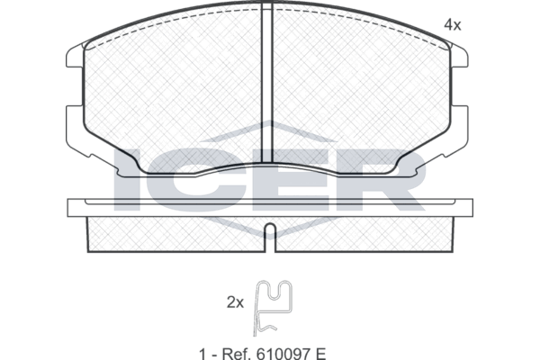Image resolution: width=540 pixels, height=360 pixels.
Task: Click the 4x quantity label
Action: tap(452, 25)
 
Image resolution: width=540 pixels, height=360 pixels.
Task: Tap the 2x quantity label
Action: tap(235, 302)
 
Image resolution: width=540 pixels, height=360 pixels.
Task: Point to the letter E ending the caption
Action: tap(319, 354)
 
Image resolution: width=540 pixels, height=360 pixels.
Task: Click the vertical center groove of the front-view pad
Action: tap(267, 83)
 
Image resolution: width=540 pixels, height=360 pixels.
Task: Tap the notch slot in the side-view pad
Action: tap(271, 238)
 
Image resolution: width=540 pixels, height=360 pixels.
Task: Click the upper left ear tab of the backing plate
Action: tap(75, 56)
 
